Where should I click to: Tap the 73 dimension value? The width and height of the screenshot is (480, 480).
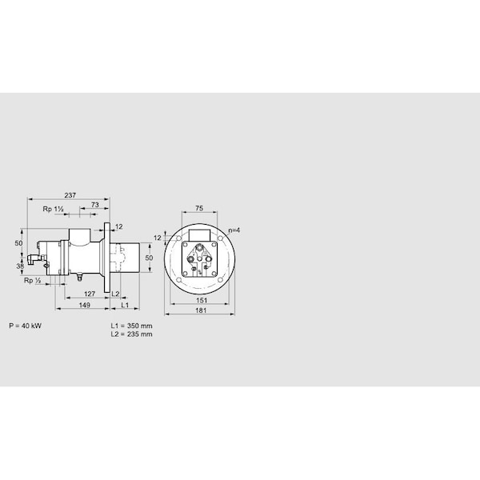(94, 206)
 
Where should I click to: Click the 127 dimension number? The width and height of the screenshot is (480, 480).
(90, 294)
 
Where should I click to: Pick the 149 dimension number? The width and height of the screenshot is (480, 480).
(83, 305)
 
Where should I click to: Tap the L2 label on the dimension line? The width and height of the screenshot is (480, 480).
(115, 294)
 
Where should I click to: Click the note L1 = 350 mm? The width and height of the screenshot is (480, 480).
(131, 326)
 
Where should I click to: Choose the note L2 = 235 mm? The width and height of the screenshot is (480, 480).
(131, 334)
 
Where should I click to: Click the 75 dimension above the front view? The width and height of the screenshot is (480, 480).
(199, 209)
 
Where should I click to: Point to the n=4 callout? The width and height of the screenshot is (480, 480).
(233, 230)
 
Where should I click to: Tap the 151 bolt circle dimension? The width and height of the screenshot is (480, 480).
(199, 302)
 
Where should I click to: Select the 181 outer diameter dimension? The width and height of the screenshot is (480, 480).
(199, 311)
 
